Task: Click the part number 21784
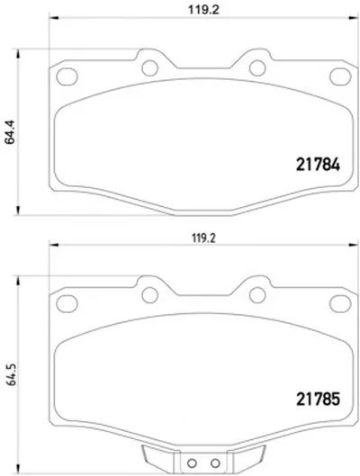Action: coord(318,165)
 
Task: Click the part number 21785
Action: coord(318,400)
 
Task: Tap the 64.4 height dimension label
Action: coord(10,132)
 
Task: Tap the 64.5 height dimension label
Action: coord(12,374)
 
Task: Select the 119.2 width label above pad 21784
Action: coord(203,10)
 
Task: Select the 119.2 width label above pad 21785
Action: coord(203,238)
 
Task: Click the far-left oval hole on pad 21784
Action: coord(67,76)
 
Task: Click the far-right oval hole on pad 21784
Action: coord(340,76)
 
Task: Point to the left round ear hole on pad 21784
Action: coord(150,67)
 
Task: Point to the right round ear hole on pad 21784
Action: coord(257,67)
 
